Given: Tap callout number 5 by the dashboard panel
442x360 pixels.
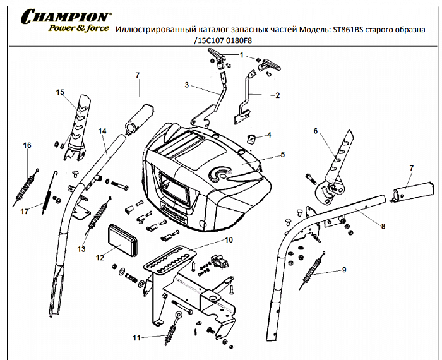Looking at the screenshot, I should (283, 153).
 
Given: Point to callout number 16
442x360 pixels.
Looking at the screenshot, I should (27, 146).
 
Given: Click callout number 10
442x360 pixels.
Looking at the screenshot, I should (229, 240).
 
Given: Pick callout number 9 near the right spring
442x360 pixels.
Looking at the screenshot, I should (344, 270).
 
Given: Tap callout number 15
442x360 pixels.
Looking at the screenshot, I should (60, 92).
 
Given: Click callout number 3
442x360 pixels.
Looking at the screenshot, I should (187, 85).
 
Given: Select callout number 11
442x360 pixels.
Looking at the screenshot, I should (136, 338).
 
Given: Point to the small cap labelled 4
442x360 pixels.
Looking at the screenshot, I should (250, 138).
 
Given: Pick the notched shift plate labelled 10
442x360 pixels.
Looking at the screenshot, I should (167, 258).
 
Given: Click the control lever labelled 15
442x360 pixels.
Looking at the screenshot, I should (81, 123).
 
